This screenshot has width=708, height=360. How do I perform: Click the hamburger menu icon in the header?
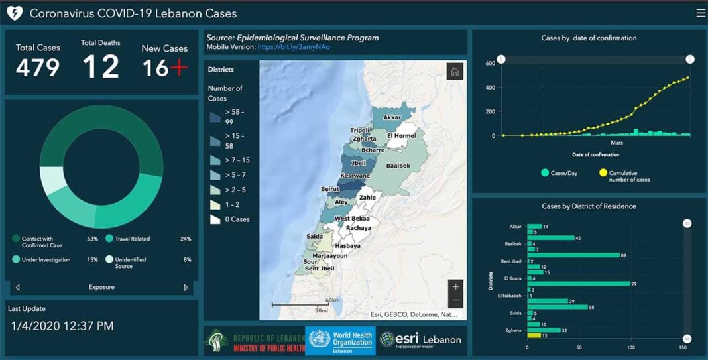coord(701,13)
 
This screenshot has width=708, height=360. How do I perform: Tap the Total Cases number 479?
coord(38,67)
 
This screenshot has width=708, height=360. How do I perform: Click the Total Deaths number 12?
coord(101,66)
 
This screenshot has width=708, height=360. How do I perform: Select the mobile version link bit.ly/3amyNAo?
coord(294,47)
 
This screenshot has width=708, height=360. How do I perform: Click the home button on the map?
coord(455,72)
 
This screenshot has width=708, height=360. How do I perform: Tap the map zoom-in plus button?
coord(455,286)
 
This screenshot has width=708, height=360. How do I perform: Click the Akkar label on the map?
coord(392,117)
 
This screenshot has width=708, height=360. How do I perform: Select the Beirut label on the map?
coord(330,189)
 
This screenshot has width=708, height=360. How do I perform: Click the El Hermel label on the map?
coord(401,136)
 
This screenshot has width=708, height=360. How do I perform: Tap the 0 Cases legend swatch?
coord(215,219)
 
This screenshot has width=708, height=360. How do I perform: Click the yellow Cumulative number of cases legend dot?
coord(603,173)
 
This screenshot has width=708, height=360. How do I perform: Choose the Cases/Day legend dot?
coord(545,173)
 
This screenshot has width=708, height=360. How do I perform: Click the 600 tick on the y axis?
coord(490,63)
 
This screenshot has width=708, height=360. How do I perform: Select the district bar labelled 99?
coord(578,284)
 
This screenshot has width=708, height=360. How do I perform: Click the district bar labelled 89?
coord(573,255)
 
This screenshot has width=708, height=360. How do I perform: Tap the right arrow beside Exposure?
coord(186,288)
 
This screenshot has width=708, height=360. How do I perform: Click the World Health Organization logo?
coord(340,339)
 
